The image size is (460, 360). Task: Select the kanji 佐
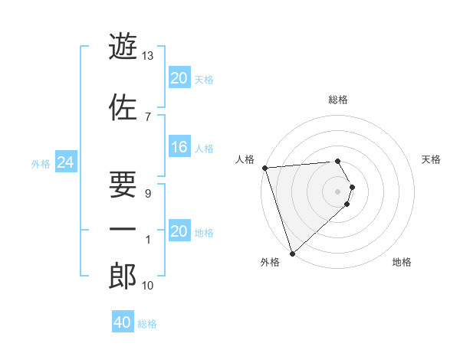tap(123, 106)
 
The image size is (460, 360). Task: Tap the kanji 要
tap(123, 182)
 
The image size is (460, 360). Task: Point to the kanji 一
tap(123, 229)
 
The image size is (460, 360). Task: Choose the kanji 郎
tap(123, 276)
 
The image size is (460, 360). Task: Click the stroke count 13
tap(148, 56)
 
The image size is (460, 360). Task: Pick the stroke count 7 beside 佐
tap(147, 116)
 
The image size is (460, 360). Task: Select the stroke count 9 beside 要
tap(147, 194)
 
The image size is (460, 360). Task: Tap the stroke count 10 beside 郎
tap(148, 286)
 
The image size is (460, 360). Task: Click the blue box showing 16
tap(179, 148)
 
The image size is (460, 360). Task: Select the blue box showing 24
tap(66, 162)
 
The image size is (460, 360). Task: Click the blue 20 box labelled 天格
tap(179, 78)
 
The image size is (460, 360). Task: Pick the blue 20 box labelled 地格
tap(179, 232)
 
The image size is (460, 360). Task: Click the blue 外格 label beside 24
tap(41, 163)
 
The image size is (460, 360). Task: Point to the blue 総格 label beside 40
tap(147, 323)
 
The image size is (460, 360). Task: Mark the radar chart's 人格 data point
tap(264, 168)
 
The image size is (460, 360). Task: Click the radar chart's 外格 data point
tap(292, 252)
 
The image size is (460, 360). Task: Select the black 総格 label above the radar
tap(338, 100)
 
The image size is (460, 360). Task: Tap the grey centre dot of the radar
tap(338, 191)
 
